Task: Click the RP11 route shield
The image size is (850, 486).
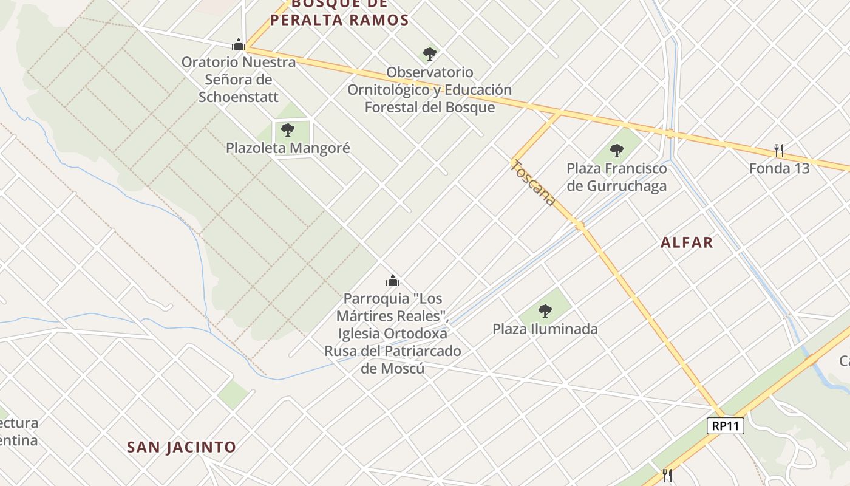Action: coord(726,426)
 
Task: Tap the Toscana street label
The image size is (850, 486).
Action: coord(533,182)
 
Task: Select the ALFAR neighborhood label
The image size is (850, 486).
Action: coord(687,242)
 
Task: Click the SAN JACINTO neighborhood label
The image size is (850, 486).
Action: coord(181,448)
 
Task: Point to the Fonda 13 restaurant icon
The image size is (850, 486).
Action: coord(779,150)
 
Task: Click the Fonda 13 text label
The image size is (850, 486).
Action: coord(779,168)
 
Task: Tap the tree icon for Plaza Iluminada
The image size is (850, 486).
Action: coord(545,311)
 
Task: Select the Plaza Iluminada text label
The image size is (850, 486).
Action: coord(545,329)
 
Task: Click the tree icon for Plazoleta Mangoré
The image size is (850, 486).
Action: coord(288,129)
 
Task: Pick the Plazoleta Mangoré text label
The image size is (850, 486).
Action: coord(288,148)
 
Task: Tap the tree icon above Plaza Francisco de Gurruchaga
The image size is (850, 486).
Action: coord(616,150)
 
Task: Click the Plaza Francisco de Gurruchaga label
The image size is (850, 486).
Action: coord(616,177)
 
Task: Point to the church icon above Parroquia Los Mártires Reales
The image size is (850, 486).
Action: coord(393,281)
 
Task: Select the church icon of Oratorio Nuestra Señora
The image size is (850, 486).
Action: coord(239,44)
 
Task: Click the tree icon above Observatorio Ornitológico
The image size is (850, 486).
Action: coord(430,54)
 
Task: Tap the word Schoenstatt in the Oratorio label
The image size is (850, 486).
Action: coord(239,97)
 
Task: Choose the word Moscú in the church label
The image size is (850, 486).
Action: coord(392,369)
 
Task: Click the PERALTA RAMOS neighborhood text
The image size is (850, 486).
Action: coord(339,20)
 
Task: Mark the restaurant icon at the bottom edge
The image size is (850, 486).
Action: coord(667,474)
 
